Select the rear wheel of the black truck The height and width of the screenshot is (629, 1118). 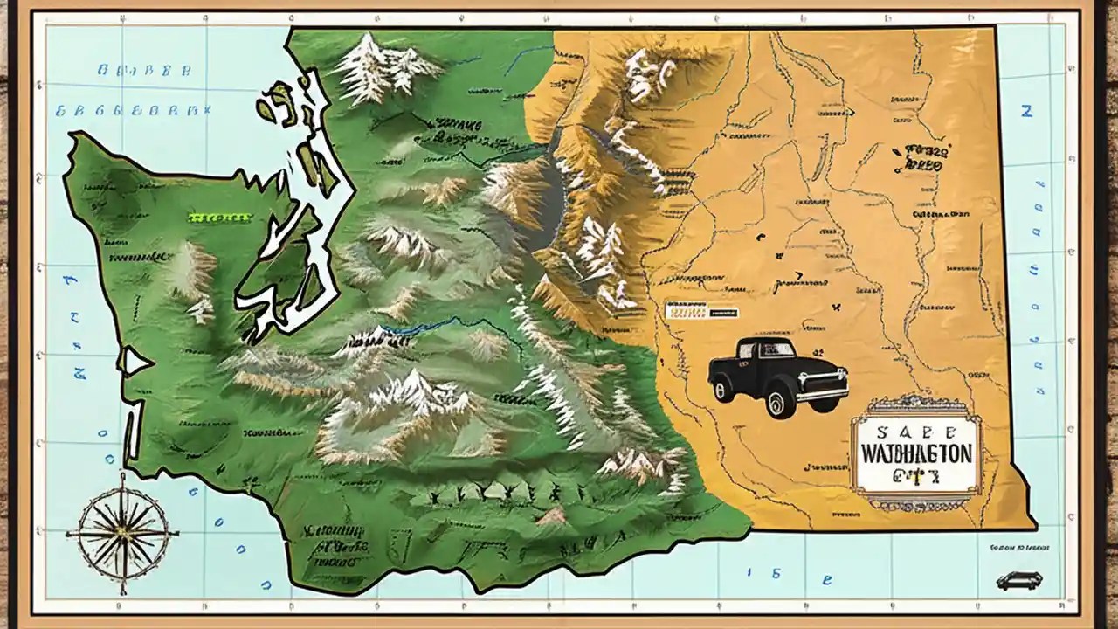tap(723, 389)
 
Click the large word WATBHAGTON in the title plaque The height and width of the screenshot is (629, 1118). tap(915, 455)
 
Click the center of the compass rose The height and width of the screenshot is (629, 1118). tap(122, 531)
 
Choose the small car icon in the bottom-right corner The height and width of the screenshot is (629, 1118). tap(1018, 581)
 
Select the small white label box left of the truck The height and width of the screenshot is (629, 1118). tap(700, 310)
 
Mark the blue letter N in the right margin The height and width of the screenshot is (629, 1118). tap(1026, 111)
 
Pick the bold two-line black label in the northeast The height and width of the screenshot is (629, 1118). tap(923, 156)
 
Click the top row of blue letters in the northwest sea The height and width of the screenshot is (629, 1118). tap(140, 71)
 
